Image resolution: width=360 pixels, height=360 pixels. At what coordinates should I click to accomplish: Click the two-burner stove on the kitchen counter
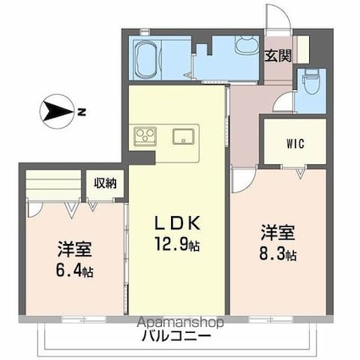click(143, 136)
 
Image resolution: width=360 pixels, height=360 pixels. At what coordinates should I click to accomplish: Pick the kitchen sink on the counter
click(183, 136)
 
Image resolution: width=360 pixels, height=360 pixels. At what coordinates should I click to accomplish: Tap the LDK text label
click(177, 224)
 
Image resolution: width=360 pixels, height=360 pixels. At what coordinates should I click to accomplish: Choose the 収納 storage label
click(105, 183)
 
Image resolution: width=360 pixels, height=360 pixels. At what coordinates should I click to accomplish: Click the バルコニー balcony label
click(177, 336)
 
